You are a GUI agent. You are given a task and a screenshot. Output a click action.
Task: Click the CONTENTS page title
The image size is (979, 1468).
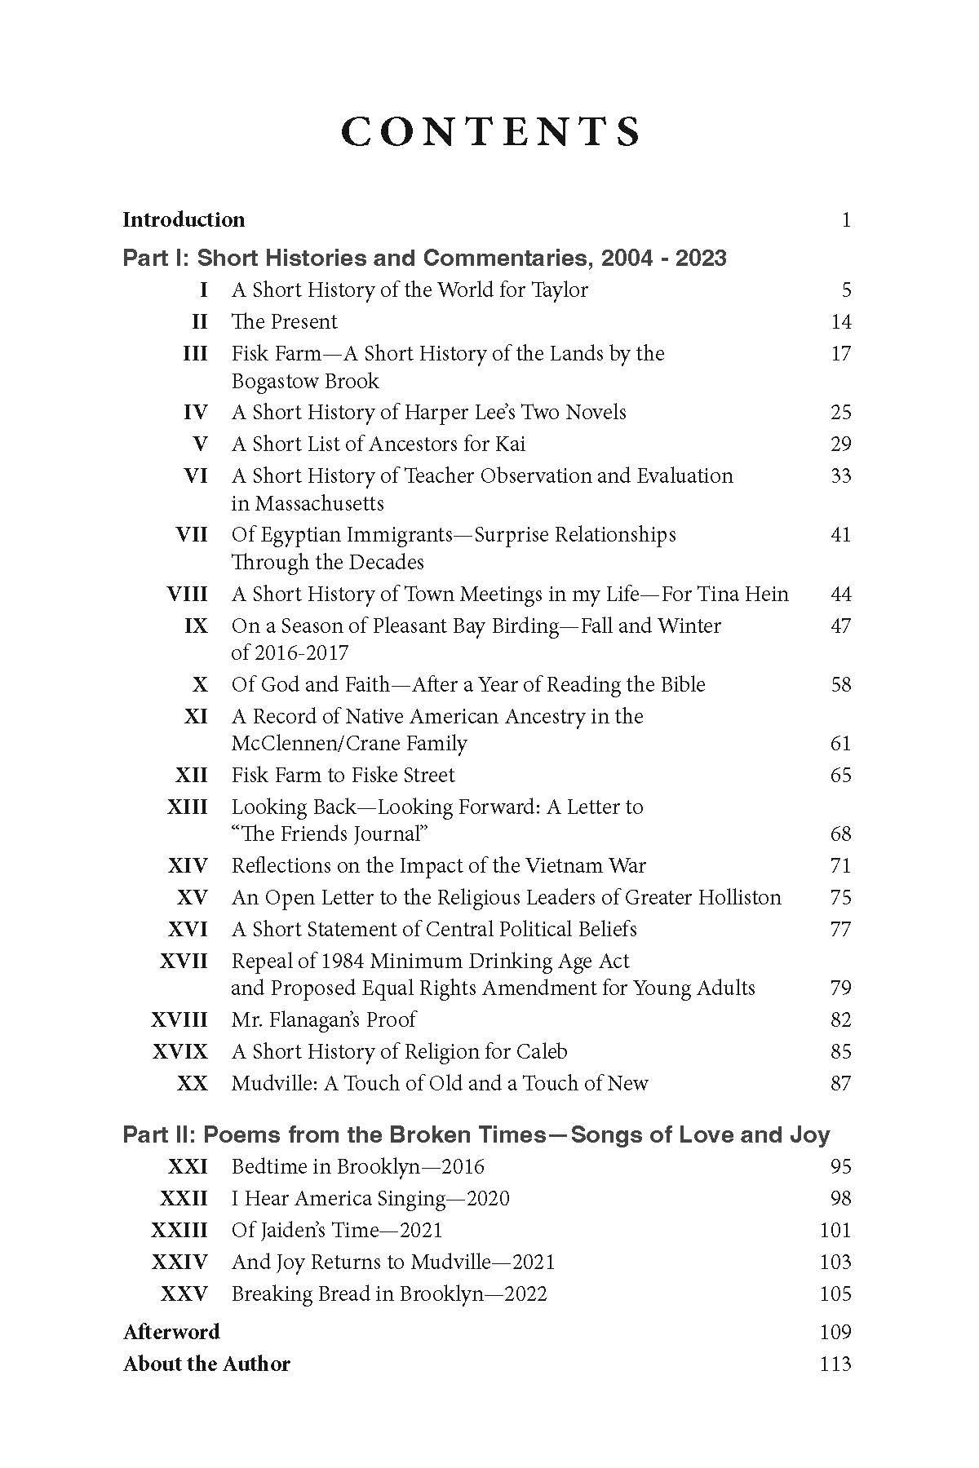click(x=490, y=132)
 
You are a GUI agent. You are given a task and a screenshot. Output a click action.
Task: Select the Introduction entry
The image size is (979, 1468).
click(x=184, y=219)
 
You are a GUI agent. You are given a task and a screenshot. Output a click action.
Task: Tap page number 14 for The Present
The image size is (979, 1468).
click(x=840, y=322)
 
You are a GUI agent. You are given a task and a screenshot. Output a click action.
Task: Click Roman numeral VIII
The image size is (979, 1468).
click(x=187, y=595)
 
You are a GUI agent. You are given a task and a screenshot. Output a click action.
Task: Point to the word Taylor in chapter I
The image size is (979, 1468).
click(x=560, y=290)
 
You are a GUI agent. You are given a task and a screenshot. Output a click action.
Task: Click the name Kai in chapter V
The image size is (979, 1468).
click(x=510, y=444)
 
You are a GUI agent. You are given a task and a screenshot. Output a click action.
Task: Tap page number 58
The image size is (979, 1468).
click(x=840, y=685)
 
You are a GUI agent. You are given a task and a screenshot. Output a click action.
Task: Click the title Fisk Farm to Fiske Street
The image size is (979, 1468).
click(x=343, y=776)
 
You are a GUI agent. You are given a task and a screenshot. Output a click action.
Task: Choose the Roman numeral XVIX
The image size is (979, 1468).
click(x=179, y=1052)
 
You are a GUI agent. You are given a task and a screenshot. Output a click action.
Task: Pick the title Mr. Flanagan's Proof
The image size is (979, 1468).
click(x=323, y=1020)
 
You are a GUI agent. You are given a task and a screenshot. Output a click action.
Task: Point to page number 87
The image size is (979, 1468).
click(x=840, y=1084)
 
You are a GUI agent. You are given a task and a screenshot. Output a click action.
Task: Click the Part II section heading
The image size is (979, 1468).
click(x=476, y=1134)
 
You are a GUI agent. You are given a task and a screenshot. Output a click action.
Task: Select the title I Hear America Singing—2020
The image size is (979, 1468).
click(x=370, y=1199)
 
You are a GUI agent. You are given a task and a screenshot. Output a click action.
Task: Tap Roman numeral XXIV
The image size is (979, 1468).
click(x=179, y=1262)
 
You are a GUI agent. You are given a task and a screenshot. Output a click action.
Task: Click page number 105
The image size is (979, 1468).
click(x=835, y=1294)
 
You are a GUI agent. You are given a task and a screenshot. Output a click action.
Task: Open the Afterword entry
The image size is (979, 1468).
click(x=171, y=1333)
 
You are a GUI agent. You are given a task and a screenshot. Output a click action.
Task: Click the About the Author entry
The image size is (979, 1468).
click(x=206, y=1364)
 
